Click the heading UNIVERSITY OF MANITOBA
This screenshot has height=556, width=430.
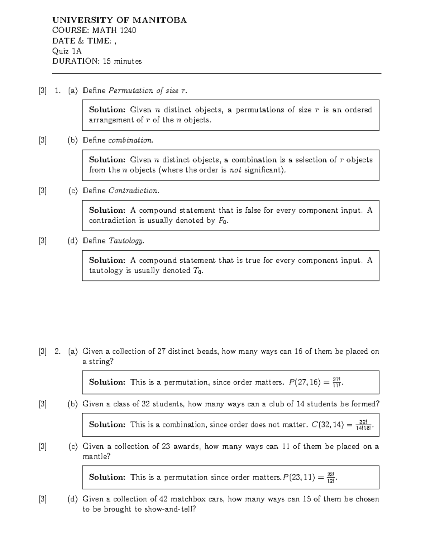pyautogui.click(x=119, y=20)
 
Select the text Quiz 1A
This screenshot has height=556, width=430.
pyautogui.click(x=67, y=51)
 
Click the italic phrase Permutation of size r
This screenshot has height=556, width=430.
pyautogui.click(x=148, y=91)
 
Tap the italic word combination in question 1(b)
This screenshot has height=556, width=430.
pyautogui.click(x=130, y=140)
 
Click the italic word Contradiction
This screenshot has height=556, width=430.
pyautogui.click(x=134, y=191)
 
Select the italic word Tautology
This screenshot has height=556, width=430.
pyautogui.click(x=126, y=241)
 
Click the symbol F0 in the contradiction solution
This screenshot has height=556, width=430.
pyautogui.click(x=223, y=221)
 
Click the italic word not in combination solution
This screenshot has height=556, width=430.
pyautogui.click(x=235, y=170)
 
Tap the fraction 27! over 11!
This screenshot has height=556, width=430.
pyautogui.click(x=337, y=382)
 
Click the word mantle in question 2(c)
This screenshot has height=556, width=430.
pyautogui.click(x=95, y=456)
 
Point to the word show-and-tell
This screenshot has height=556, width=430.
pyautogui.click(x=168, y=509)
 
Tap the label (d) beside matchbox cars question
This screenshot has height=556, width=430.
pyautogui.click(x=73, y=499)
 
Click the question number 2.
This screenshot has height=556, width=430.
pyautogui.click(x=57, y=352)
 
